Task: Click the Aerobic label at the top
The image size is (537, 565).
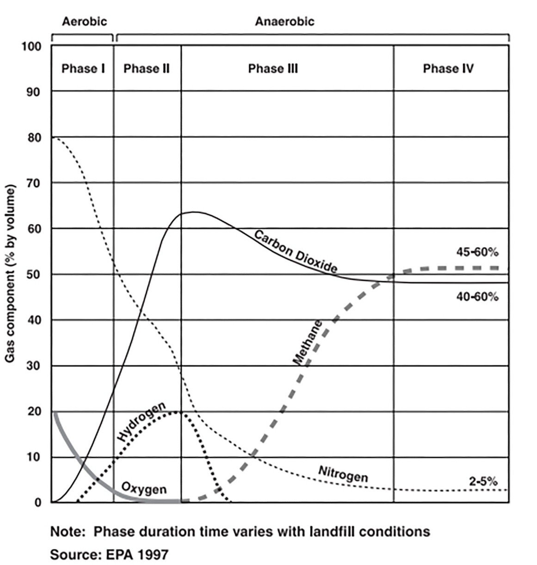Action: (x=84, y=21)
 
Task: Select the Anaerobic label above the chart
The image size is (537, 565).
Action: (x=284, y=21)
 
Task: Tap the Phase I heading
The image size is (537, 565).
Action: (x=83, y=69)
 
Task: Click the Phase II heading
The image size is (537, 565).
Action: (x=147, y=69)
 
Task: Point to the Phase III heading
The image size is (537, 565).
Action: (x=273, y=69)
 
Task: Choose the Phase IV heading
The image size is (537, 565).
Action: (x=448, y=69)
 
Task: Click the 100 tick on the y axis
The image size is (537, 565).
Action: (x=33, y=47)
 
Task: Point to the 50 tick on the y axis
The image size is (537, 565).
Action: (x=36, y=275)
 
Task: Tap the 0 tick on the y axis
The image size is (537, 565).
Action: (x=38, y=503)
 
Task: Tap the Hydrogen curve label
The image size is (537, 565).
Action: (x=141, y=422)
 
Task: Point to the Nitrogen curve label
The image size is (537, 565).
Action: (x=343, y=474)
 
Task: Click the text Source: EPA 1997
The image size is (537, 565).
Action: (x=109, y=554)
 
